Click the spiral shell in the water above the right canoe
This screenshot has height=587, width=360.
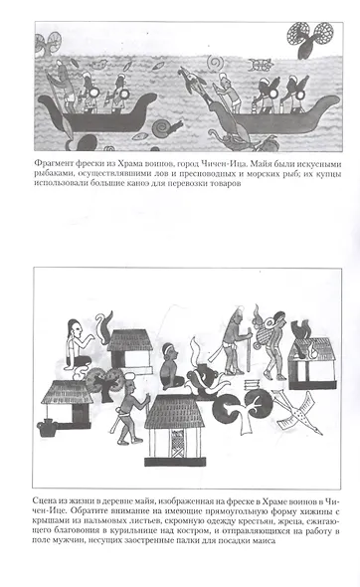(x=217, y=62)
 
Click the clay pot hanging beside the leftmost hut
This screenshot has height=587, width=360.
(x=47, y=427)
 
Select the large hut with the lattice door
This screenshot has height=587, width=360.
(x=175, y=430)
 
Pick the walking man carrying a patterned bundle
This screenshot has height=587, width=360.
(x=274, y=344)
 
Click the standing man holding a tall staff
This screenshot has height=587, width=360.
(x=233, y=340)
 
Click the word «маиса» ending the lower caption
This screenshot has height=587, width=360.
(x=264, y=540)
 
